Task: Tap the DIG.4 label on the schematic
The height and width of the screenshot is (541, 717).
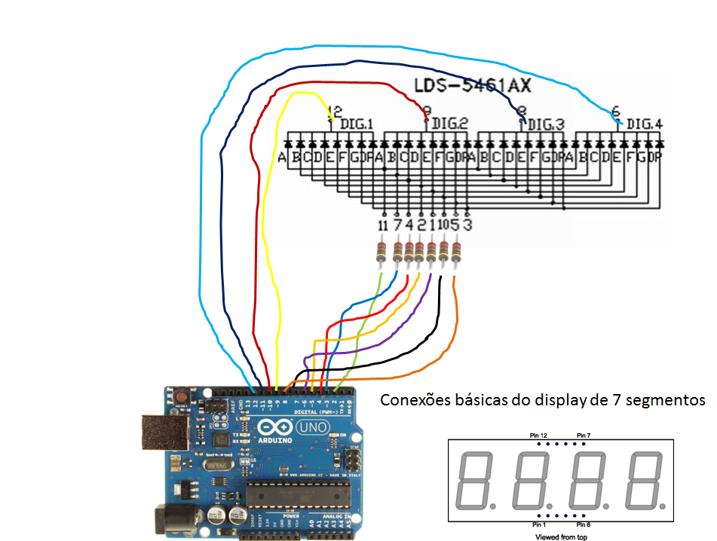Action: pyautogui.click(x=645, y=124)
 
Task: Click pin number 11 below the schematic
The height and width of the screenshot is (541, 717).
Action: pyautogui.click(x=382, y=225)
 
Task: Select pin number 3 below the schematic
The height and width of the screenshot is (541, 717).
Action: pyautogui.click(x=467, y=225)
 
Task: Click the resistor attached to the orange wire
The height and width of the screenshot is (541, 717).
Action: pyautogui.click(x=455, y=252)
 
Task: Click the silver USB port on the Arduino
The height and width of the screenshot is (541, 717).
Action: pyautogui.click(x=161, y=436)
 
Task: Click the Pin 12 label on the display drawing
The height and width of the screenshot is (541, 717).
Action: pyautogui.click(x=538, y=436)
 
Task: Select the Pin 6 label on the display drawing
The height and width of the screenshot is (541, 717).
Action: pyautogui.click(x=583, y=524)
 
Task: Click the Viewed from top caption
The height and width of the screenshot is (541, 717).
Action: pyautogui.click(x=561, y=536)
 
